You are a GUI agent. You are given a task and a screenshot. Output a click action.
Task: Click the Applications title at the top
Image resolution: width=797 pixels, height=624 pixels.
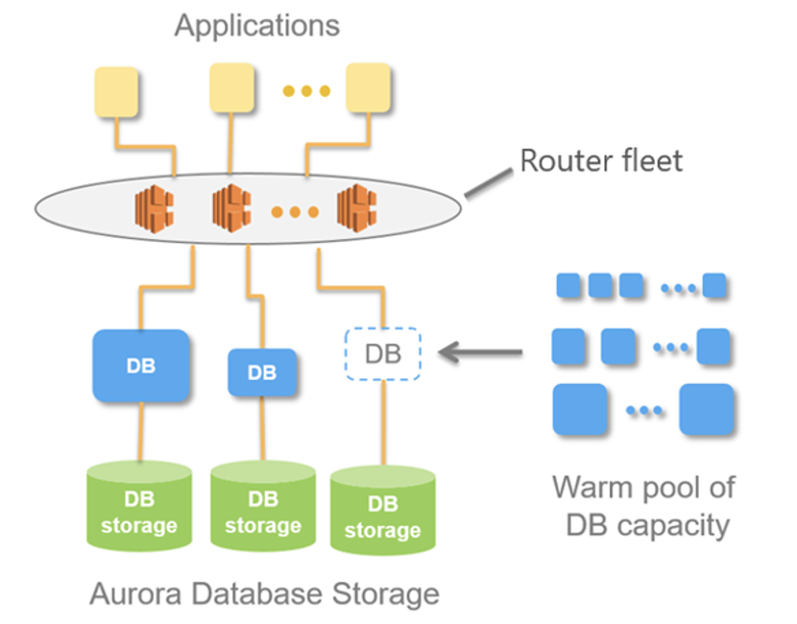tap(256, 24)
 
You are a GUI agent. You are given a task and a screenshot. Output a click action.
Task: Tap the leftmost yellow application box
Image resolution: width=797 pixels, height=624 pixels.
tap(114, 92)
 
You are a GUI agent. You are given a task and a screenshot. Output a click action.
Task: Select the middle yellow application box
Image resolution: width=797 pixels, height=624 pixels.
tap(233, 88)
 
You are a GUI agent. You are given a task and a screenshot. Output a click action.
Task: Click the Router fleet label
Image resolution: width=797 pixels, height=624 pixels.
tap(601, 159)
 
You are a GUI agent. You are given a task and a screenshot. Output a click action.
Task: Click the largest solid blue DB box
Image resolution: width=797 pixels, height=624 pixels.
tap(140, 365)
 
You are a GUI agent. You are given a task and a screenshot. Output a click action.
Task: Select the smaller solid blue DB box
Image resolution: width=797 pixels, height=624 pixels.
tap(261, 372)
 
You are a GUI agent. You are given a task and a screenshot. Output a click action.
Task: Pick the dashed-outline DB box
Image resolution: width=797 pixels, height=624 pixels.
tap(382, 354)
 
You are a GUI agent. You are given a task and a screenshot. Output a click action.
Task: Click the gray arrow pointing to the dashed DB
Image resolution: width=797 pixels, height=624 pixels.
tap(480, 354)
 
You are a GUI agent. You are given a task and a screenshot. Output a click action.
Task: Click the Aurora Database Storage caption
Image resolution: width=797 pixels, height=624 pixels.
tap(264, 594)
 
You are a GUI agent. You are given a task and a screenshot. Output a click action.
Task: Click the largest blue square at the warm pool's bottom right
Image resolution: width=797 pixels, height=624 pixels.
tap(706, 410)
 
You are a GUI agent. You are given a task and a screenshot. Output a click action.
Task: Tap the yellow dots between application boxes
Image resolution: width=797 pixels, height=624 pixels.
tap(306, 91)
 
